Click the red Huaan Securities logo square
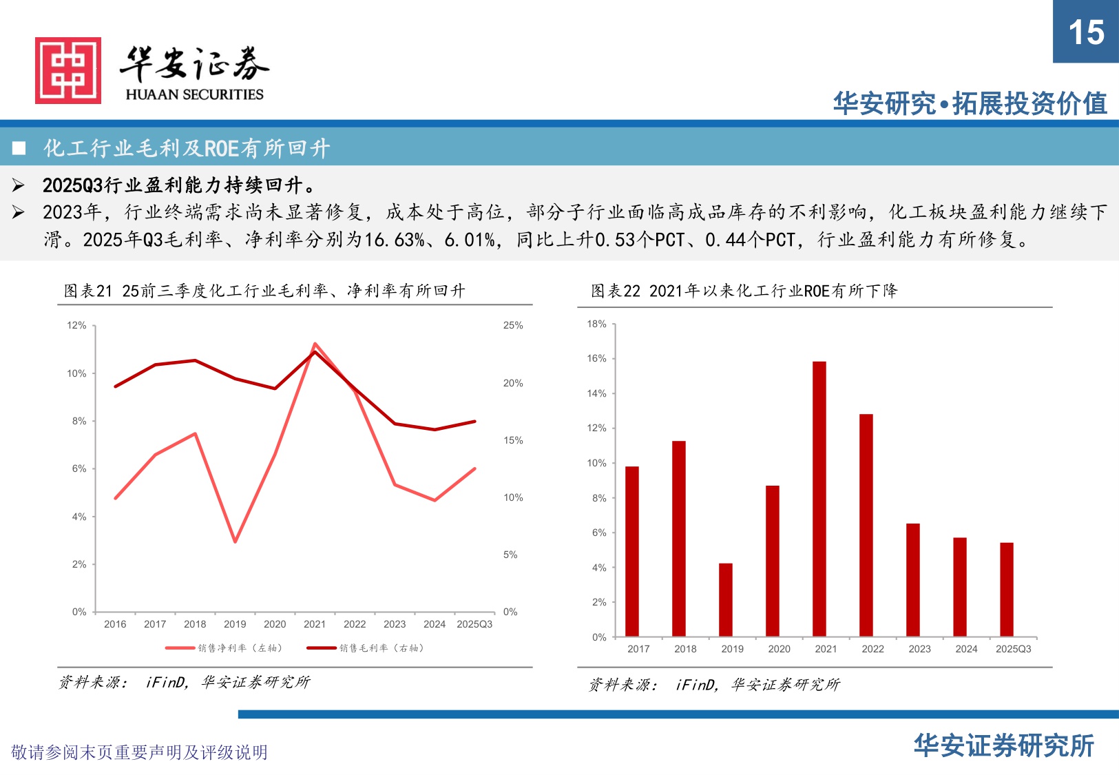pyautogui.click(x=68, y=70)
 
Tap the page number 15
pyautogui.click(x=1086, y=32)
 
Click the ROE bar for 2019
pyautogui.click(x=726, y=599)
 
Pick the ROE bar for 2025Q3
pyautogui.click(x=1007, y=589)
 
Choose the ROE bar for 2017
pyautogui.click(x=632, y=551)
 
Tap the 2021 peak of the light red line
pyautogui.click(x=315, y=343)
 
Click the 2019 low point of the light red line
pyautogui.click(x=235, y=541)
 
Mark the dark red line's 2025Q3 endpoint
pyautogui.click(x=474, y=421)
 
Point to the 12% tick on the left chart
pyautogui.click(x=76, y=325)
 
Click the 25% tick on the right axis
pyautogui.click(x=513, y=325)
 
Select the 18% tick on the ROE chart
pyautogui.click(x=596, y=324)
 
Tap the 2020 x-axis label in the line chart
pyautogui.click(x=275, y=624)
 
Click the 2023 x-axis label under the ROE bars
pyautogui.click(x=919, y=649)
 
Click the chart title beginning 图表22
pyautogui.click(x=744, y=291)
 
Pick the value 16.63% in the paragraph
pyautogui.click(x=394, y=240)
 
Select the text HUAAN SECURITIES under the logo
pyautogui.click(x=194, y=94)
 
